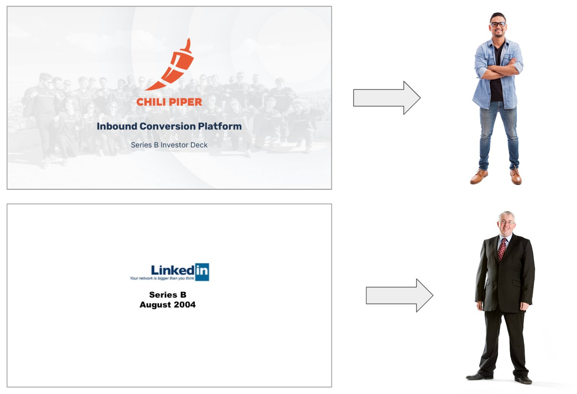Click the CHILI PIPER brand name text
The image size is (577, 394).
click(169, 102)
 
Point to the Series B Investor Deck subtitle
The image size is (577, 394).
click(169, 145)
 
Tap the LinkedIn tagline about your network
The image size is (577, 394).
click(162, 278)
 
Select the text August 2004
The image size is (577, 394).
click(168, 305)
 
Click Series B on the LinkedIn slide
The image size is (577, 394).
click(168, 295)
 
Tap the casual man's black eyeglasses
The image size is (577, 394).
click(498, 24)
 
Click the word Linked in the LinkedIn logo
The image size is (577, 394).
click(173, 270)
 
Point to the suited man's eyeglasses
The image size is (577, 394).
click(506, 222)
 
